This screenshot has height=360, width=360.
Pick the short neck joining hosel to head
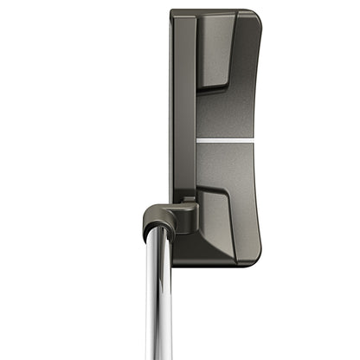pyautogui.click(x=188, y=208)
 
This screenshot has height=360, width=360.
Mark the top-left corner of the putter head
pyautogui.click(x=171, y=12)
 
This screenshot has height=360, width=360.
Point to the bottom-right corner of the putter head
pyautogui.click(x=257, y=262)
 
